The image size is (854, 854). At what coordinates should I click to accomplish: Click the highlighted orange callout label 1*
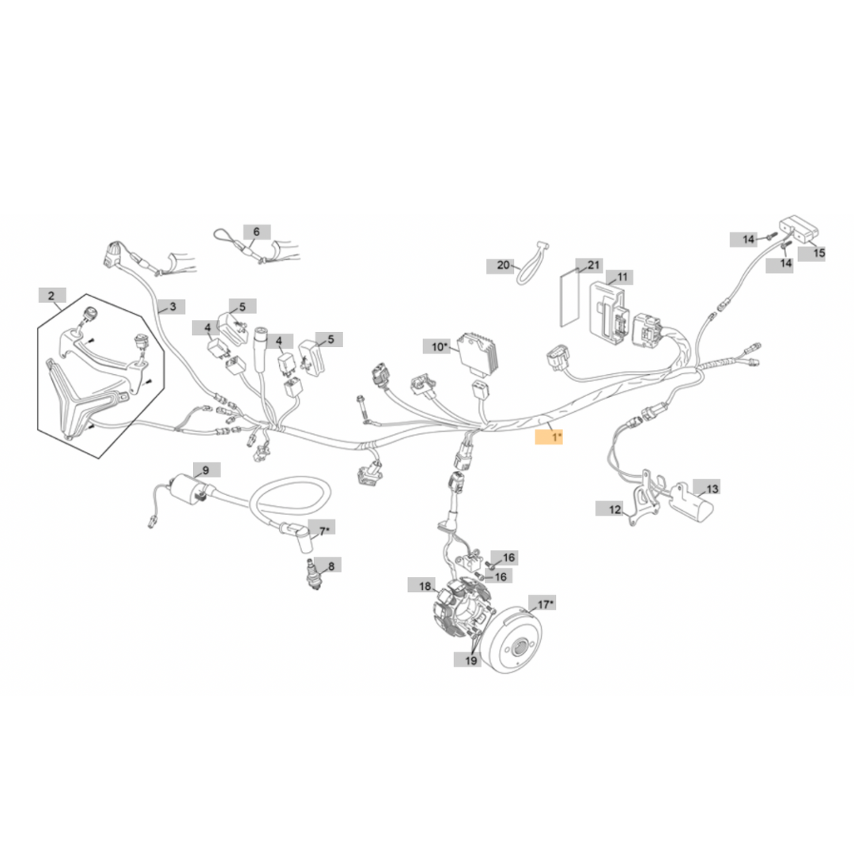550,436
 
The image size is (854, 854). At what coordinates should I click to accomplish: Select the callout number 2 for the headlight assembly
52,297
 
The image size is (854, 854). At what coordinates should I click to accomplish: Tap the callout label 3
172,306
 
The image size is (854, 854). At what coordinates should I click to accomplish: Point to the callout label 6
256,232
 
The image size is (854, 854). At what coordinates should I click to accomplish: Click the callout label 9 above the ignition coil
206,470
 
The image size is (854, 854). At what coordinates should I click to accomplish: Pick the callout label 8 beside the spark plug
331,565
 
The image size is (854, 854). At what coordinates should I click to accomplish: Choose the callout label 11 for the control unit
622,277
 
